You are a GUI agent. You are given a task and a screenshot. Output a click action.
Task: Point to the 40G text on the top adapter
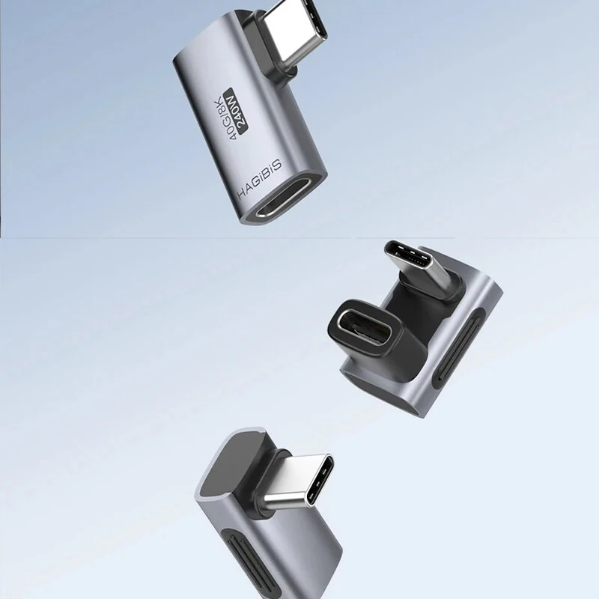tap(228, 127)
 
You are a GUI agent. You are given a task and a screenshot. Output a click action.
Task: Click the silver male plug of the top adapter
tap(292, 31)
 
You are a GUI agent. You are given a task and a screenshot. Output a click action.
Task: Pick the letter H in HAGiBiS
tap(242, 194)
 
